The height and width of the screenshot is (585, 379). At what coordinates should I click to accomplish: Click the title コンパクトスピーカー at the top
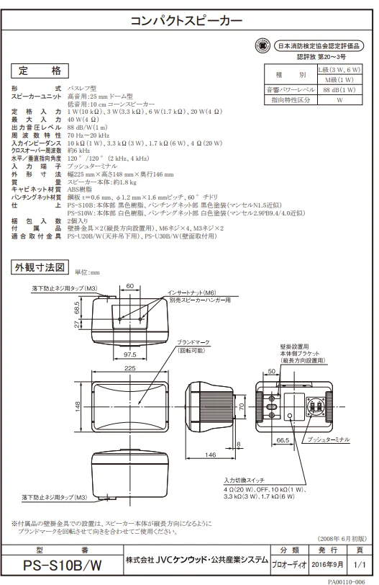click(186, 20)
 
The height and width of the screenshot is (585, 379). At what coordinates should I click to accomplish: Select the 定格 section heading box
click(40, 71)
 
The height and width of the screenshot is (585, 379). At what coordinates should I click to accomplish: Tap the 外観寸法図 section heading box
click(40, 267)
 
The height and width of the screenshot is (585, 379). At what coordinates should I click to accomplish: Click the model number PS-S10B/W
click(62, 566)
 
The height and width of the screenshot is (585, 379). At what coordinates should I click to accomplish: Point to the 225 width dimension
click(130, 368)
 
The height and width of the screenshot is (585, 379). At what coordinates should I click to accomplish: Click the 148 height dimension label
click(78, 406)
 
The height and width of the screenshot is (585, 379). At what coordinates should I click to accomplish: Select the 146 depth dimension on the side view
click(210, 455)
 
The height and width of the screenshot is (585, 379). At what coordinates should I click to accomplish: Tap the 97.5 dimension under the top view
click(130, 354)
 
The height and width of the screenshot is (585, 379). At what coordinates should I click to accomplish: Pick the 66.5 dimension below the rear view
click(283, 440)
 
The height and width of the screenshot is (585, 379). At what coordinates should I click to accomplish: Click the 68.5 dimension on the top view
click(77, 308)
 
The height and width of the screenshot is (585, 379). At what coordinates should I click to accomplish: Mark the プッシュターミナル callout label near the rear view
click(328, 440)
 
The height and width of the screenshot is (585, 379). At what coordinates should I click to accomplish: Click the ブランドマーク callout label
click(193, 342)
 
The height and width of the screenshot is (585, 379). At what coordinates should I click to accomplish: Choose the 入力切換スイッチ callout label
click(245, 481)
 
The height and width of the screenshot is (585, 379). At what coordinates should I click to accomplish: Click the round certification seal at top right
click(262, 46)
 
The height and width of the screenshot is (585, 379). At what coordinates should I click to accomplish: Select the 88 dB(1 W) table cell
click(339, 90)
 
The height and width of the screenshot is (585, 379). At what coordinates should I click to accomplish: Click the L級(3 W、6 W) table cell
click(339, 70)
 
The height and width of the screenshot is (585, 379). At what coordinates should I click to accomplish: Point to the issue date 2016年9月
click(328, 565)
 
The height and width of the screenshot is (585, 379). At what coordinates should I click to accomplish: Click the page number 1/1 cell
click(360, 565)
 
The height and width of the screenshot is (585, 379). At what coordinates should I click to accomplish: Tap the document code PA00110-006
click(346, 581)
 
